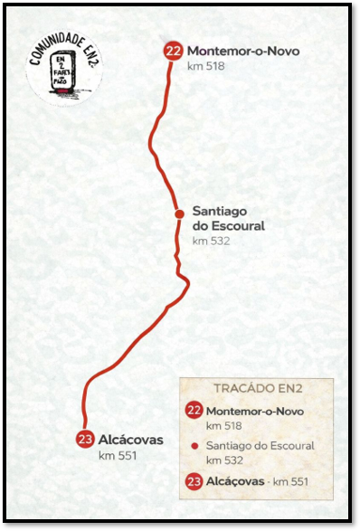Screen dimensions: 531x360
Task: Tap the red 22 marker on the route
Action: tap(173, 52)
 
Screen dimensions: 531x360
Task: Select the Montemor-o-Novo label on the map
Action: tap(242, 51)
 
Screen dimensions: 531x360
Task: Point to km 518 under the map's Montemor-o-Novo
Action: tap(205, 66)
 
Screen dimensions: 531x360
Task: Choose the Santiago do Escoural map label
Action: tap(228, 218)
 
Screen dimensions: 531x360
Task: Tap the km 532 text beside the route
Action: tap(211, 241)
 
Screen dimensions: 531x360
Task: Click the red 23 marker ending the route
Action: tap(85, 440)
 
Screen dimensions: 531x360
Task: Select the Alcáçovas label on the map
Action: tap(131, 440)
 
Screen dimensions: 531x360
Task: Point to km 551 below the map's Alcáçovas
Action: tap(117, 455)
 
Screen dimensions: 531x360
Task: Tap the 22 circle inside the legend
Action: tap(194, 411)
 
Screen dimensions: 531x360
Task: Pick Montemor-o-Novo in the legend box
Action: tap(256, 411)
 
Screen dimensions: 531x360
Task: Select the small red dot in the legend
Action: tap(194, 446)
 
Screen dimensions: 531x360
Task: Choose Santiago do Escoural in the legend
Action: tap(261, 446)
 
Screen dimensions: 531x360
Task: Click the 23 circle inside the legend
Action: tap(194, 481)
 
